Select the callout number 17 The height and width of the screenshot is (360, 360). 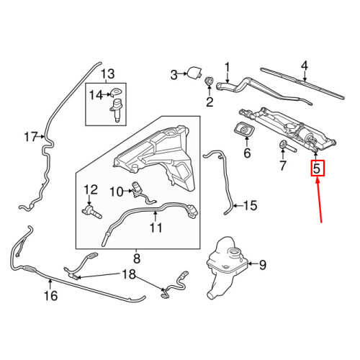(x=30, y=136)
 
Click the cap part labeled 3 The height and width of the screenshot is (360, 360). (x=194, y=72)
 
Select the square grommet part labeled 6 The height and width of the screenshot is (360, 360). (x=246, y=132)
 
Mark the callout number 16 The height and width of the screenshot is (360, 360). (x=50, y=294)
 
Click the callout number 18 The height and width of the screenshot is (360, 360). (x=127, y=274)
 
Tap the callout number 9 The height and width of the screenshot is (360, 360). (x=261, y=265)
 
